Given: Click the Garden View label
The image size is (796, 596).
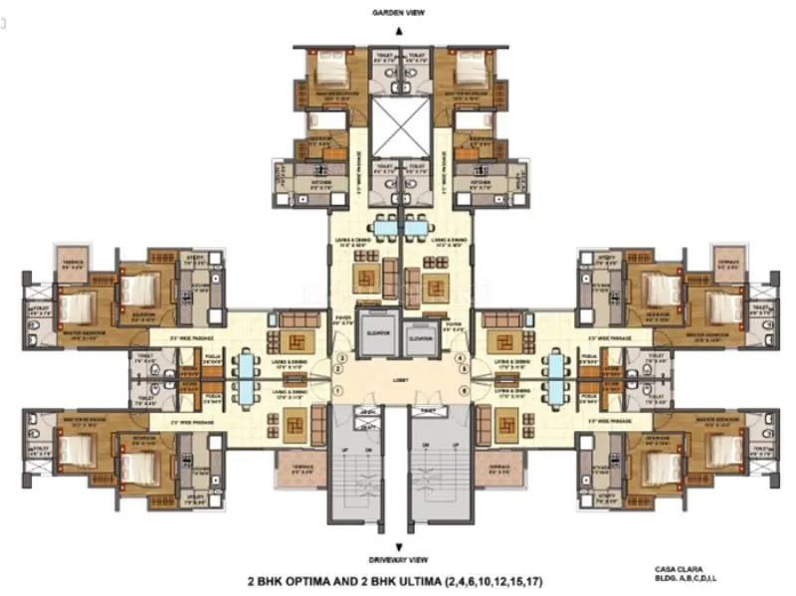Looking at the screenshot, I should pos(398,14).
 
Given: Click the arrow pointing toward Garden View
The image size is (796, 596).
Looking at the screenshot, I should pos(398,31).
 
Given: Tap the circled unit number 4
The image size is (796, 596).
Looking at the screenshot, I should pos(459,356).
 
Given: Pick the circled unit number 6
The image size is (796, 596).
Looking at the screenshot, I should pos(459,390).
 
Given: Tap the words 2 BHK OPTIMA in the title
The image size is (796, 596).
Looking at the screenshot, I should pos(294,578).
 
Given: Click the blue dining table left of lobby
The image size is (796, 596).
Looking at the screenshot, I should pos(245,375).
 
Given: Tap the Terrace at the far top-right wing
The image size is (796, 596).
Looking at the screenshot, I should pos(729,261).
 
